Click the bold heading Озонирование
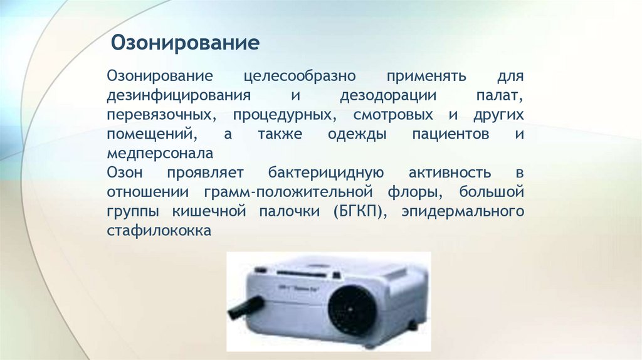coord(186,44)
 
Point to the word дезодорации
coord(384,97)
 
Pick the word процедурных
coord(282,116)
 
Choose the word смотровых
coord(393,116)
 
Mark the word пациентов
coord(450,135)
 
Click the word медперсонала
coord(160,154)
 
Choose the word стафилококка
coord(159,230)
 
